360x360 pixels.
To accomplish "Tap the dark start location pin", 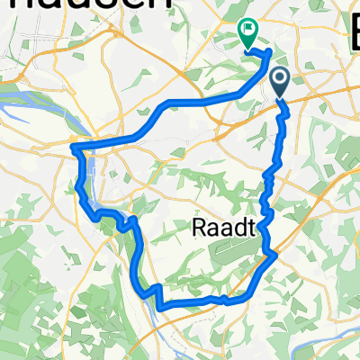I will pyautogui.click(x=280, y=83).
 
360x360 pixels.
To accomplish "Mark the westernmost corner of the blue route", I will pyautogui.click(x=72, y=144).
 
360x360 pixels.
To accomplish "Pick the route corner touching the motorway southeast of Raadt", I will pyautogui.click(x=274, y=256).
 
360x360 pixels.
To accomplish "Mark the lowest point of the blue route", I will pyautogui.click(x=162, y=307).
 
